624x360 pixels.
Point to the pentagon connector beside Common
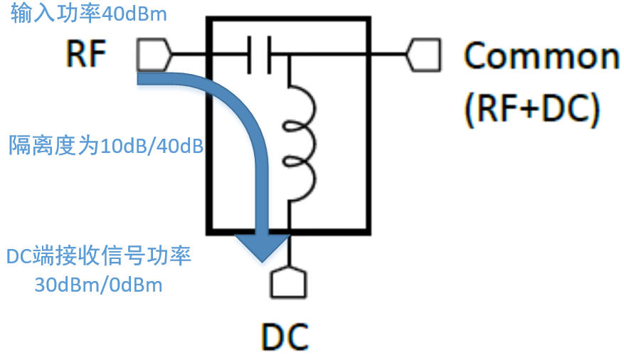425,54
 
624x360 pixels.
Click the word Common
541,55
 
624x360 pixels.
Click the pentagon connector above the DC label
288,282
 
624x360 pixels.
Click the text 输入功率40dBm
89,14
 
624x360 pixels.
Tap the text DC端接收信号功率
99,256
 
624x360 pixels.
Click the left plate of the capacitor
249,54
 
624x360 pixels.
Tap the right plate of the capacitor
269,54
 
